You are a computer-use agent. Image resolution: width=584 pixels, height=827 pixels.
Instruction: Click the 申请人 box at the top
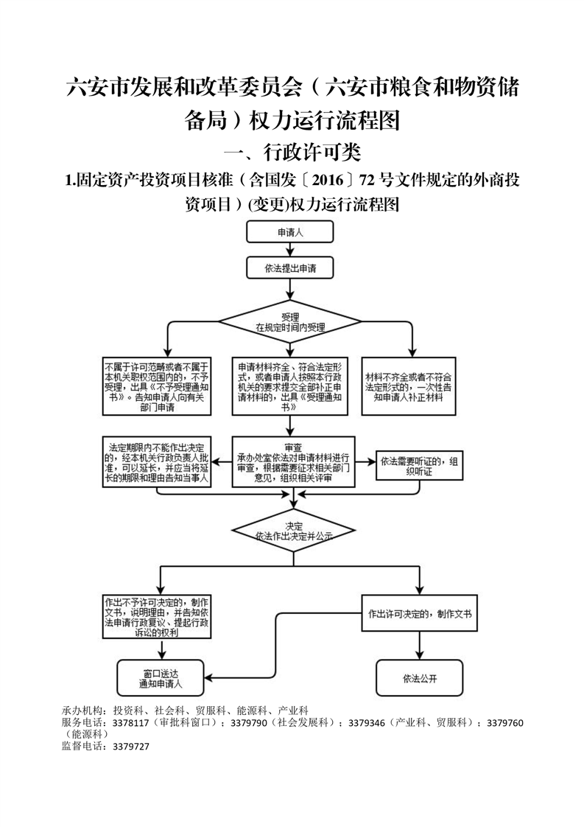pos(291,232)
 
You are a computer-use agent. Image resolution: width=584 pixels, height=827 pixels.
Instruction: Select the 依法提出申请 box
pos(291,267)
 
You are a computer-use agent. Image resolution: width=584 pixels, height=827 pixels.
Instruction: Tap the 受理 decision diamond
pos(291,321)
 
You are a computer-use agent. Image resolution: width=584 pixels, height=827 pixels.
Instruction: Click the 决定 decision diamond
pos(291,531)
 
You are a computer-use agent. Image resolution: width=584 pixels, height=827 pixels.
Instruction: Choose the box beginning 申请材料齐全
pos(291,386)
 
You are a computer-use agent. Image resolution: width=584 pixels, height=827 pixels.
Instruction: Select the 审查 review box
pos(292,462)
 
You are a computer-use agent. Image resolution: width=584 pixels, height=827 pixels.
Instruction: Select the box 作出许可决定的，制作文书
pos(420,613)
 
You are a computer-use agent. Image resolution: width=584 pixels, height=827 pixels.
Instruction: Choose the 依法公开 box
pos(421,677)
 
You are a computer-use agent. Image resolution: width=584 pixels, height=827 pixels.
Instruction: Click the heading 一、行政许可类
pos(292,153)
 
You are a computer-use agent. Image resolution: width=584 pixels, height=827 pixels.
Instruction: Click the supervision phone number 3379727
pos(131,747)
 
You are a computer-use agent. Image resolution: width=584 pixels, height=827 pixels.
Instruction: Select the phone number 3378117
pos(131,724)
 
